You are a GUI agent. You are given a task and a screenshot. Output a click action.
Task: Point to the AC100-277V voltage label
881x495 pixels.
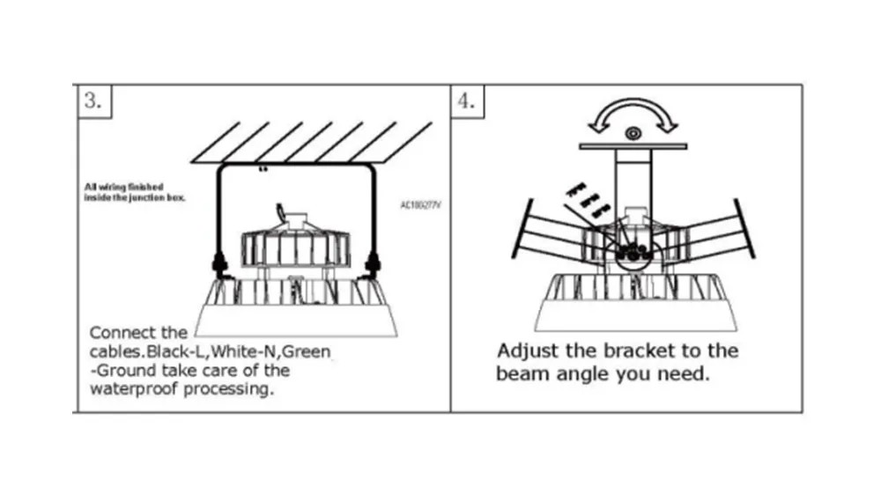(x=420, y=205)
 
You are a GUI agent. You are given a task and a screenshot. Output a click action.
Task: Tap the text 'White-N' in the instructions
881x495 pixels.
(x=246, y=352)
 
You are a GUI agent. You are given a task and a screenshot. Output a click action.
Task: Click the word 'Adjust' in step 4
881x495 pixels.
(x=526, y=351)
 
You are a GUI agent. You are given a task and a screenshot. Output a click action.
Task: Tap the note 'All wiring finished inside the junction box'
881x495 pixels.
(x=135, y=192)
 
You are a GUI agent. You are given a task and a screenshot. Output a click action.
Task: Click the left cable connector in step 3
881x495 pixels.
(x=218, y=262)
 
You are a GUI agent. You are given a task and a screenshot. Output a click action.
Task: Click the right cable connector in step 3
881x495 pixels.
(x=374, y=262)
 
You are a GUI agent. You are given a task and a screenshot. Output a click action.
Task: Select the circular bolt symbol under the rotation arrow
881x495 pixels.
(x=632, y=134)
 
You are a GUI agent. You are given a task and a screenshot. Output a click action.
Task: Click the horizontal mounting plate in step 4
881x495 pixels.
(x=632, y=144)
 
